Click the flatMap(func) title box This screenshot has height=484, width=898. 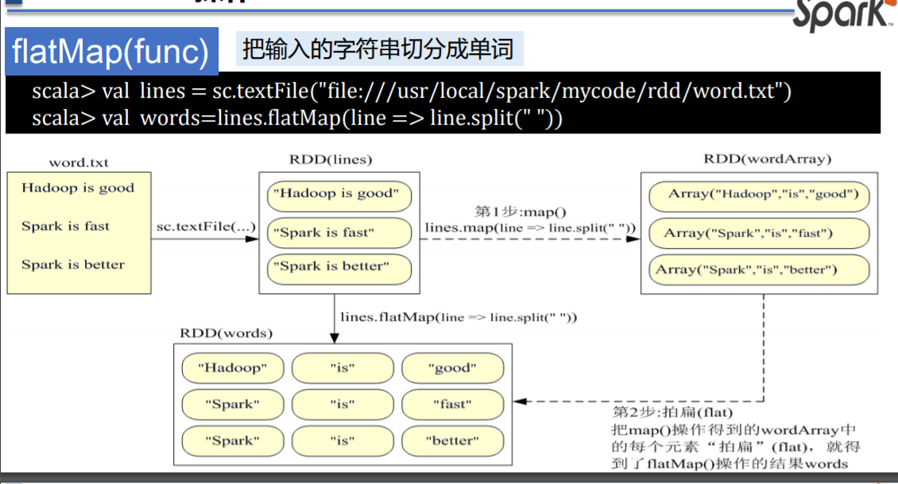tap(110, 52)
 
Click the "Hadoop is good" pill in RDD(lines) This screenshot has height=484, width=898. tap(339, 194)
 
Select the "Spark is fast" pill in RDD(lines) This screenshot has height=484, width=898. tap(339, 233)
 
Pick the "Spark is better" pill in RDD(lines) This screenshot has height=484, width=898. tap(339, 268)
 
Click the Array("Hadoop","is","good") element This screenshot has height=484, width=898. tap(758, 195)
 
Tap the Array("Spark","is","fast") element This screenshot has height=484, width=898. tap(758, 233)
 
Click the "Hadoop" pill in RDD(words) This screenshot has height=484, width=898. tap(233, 368)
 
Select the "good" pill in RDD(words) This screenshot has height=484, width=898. tap(452, 368)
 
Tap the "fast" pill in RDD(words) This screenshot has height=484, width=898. tap(452, 404)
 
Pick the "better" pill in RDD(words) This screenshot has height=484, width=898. tap(452, 440)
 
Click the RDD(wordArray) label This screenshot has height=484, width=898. tap(767, 159)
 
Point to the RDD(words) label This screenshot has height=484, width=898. tap(226, 333)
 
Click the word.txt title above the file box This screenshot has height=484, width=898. tap(79, 163)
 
